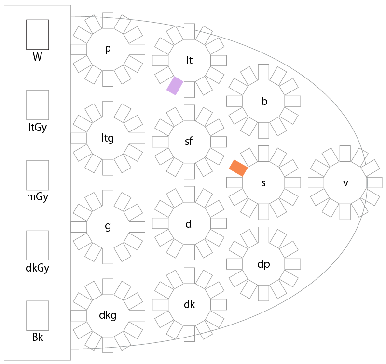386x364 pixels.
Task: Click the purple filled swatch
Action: [x=174, y=86]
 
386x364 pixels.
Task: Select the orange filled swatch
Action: [x=238, y=168]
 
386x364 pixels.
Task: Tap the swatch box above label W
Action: [x=37, y=34]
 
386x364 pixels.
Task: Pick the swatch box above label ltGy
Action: [x=37, y=104]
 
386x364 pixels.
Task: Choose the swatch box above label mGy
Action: [x=37, y=175]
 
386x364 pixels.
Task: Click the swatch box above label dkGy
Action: [x=37, y=245]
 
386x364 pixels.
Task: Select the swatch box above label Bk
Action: [x=37, y=315]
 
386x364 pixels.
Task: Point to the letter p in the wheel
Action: [x=108, y=49]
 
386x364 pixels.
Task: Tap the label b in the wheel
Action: [x=264, y=101]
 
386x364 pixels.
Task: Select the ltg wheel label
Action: [x=108, y=138]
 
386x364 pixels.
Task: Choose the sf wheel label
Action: [x=189, y=142]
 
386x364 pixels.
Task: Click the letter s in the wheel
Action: [x=263, y=183]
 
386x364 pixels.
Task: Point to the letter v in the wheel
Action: [x=345, y=183]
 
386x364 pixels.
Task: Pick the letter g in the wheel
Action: [x=108, y=227]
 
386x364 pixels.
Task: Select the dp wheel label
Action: [x=263, y=264]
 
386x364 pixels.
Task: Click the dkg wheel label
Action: [x=108, y=315]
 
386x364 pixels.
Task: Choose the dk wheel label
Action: [x=189, y=304]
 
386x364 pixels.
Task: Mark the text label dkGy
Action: [x=37, y=268]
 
